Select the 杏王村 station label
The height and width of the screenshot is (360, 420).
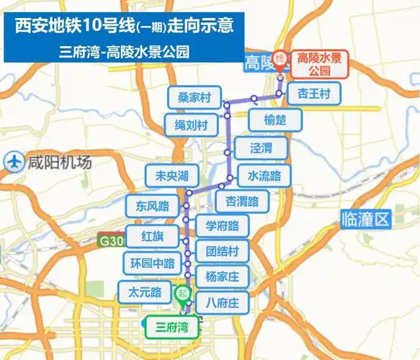[314, 94]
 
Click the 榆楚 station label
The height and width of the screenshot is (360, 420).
[274, 120]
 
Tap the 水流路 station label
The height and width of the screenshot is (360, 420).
[264, 175]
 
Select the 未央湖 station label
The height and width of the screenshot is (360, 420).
[166, 176]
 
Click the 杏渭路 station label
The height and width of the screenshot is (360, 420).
[242, 199]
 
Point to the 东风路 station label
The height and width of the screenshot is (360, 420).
[151, 205]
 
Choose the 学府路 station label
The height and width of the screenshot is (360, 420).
[222, 225]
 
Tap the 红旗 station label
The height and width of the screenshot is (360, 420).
[152, 235]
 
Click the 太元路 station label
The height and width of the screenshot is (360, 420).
[144, 292]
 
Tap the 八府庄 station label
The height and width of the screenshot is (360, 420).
[222, 301]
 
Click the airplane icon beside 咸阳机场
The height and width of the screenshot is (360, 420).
[13, 162]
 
